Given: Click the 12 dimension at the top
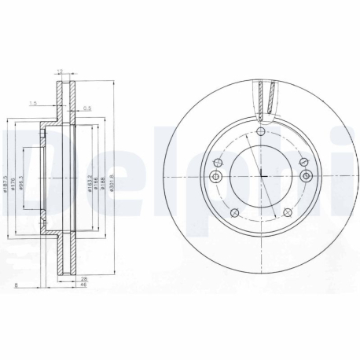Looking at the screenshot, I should tap(60, 72).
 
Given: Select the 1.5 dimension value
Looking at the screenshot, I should tap(32, 103).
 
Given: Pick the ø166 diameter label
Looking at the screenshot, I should tap(96, 182).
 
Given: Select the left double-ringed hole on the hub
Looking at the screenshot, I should tap(218, 163).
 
